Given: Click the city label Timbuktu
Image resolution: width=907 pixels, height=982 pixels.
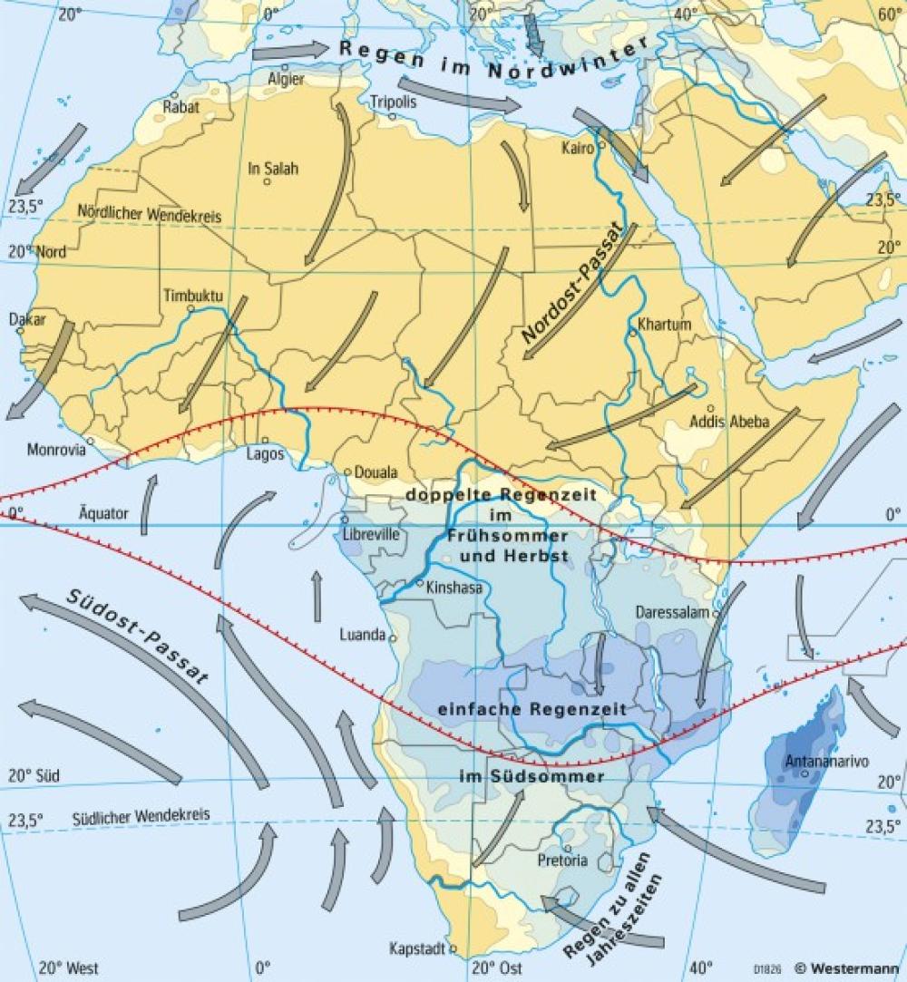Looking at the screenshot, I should pos(193,297).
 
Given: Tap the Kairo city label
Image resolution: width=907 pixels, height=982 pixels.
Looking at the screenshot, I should pos(577,147).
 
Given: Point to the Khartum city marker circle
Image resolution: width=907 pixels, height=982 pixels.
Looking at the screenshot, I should pos(631,334).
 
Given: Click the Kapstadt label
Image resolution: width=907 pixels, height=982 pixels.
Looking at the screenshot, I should pos(416,949).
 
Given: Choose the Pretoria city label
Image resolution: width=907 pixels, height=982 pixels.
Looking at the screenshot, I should pos(562,860).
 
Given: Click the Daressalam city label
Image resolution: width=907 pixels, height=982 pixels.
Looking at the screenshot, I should pos(672,612).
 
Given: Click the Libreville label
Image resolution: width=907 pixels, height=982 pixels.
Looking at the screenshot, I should pos(371,535).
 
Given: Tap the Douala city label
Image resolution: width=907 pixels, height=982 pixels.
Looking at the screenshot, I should pos(375,472).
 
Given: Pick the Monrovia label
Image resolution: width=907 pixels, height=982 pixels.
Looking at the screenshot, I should pos(56,449).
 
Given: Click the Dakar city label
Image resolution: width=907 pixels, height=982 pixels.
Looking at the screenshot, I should pos(27,319).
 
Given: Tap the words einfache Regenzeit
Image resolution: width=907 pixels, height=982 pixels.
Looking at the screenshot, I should pos(532,709).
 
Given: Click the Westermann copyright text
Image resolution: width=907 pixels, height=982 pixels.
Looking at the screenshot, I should pos(849,967).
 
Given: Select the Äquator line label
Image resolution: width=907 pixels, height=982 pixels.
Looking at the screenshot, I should pos(103,513).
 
